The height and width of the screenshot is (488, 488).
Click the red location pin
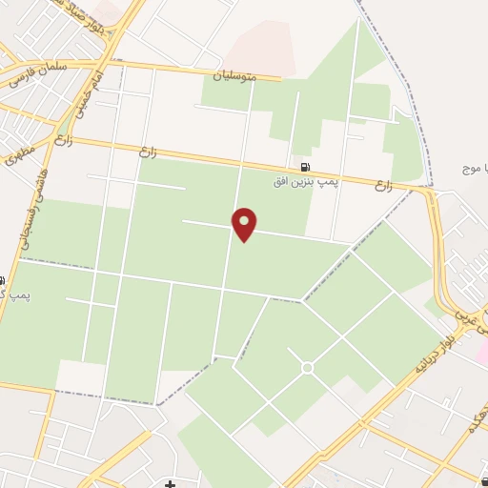(245, 223)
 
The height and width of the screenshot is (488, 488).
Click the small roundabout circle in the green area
(307, 367)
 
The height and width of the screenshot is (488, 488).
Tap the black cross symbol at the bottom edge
(170, 483)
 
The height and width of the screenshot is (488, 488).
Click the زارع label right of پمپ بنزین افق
(383, 183)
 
